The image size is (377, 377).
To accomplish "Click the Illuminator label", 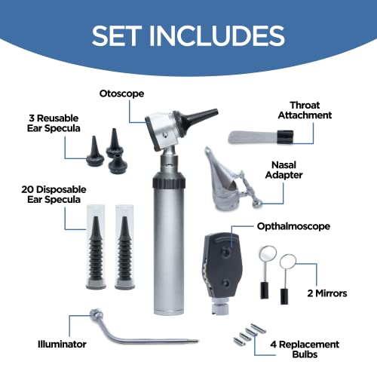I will (x=62, y=345).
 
